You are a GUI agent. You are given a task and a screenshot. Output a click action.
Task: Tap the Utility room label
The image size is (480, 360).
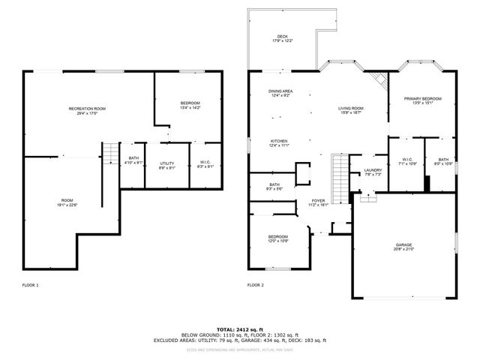166,165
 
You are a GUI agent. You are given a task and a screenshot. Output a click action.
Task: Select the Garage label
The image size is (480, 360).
404,247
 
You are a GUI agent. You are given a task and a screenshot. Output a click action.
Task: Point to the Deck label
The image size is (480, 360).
282,38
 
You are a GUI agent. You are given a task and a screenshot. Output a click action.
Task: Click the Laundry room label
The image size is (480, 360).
373,172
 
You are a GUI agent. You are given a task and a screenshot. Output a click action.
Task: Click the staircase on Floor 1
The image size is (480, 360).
111,154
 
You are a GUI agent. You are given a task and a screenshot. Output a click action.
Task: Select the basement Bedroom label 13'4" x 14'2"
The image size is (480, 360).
190,105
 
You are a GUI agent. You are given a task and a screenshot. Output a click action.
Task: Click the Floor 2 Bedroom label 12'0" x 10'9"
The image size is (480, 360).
278,238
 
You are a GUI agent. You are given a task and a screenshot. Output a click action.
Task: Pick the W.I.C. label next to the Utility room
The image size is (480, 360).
205,165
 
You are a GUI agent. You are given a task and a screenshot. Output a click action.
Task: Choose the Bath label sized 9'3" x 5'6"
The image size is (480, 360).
274,187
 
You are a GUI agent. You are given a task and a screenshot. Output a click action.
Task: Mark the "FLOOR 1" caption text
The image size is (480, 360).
31,285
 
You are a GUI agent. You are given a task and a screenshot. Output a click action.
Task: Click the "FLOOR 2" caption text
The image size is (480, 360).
256,285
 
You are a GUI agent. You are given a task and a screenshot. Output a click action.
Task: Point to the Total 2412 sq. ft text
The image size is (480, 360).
239,329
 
